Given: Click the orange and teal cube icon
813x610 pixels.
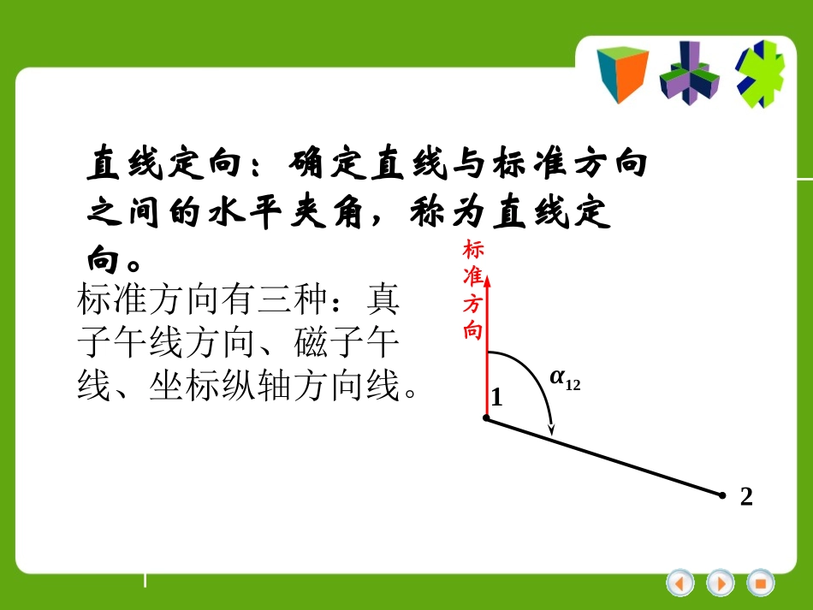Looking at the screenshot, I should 622,74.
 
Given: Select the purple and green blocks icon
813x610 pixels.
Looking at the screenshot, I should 689,74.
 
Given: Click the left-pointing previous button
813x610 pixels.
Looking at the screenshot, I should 680,583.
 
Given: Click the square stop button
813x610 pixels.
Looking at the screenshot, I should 760,583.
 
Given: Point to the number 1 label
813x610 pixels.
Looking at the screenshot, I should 496,398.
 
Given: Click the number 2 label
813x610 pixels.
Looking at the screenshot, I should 746,497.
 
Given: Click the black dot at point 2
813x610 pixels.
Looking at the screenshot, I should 722,495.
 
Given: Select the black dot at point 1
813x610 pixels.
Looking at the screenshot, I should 486,418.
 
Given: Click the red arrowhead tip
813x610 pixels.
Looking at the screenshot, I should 486,271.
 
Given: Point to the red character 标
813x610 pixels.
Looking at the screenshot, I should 473,250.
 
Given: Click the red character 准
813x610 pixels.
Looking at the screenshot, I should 473,276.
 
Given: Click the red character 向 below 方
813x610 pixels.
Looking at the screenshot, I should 473,330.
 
